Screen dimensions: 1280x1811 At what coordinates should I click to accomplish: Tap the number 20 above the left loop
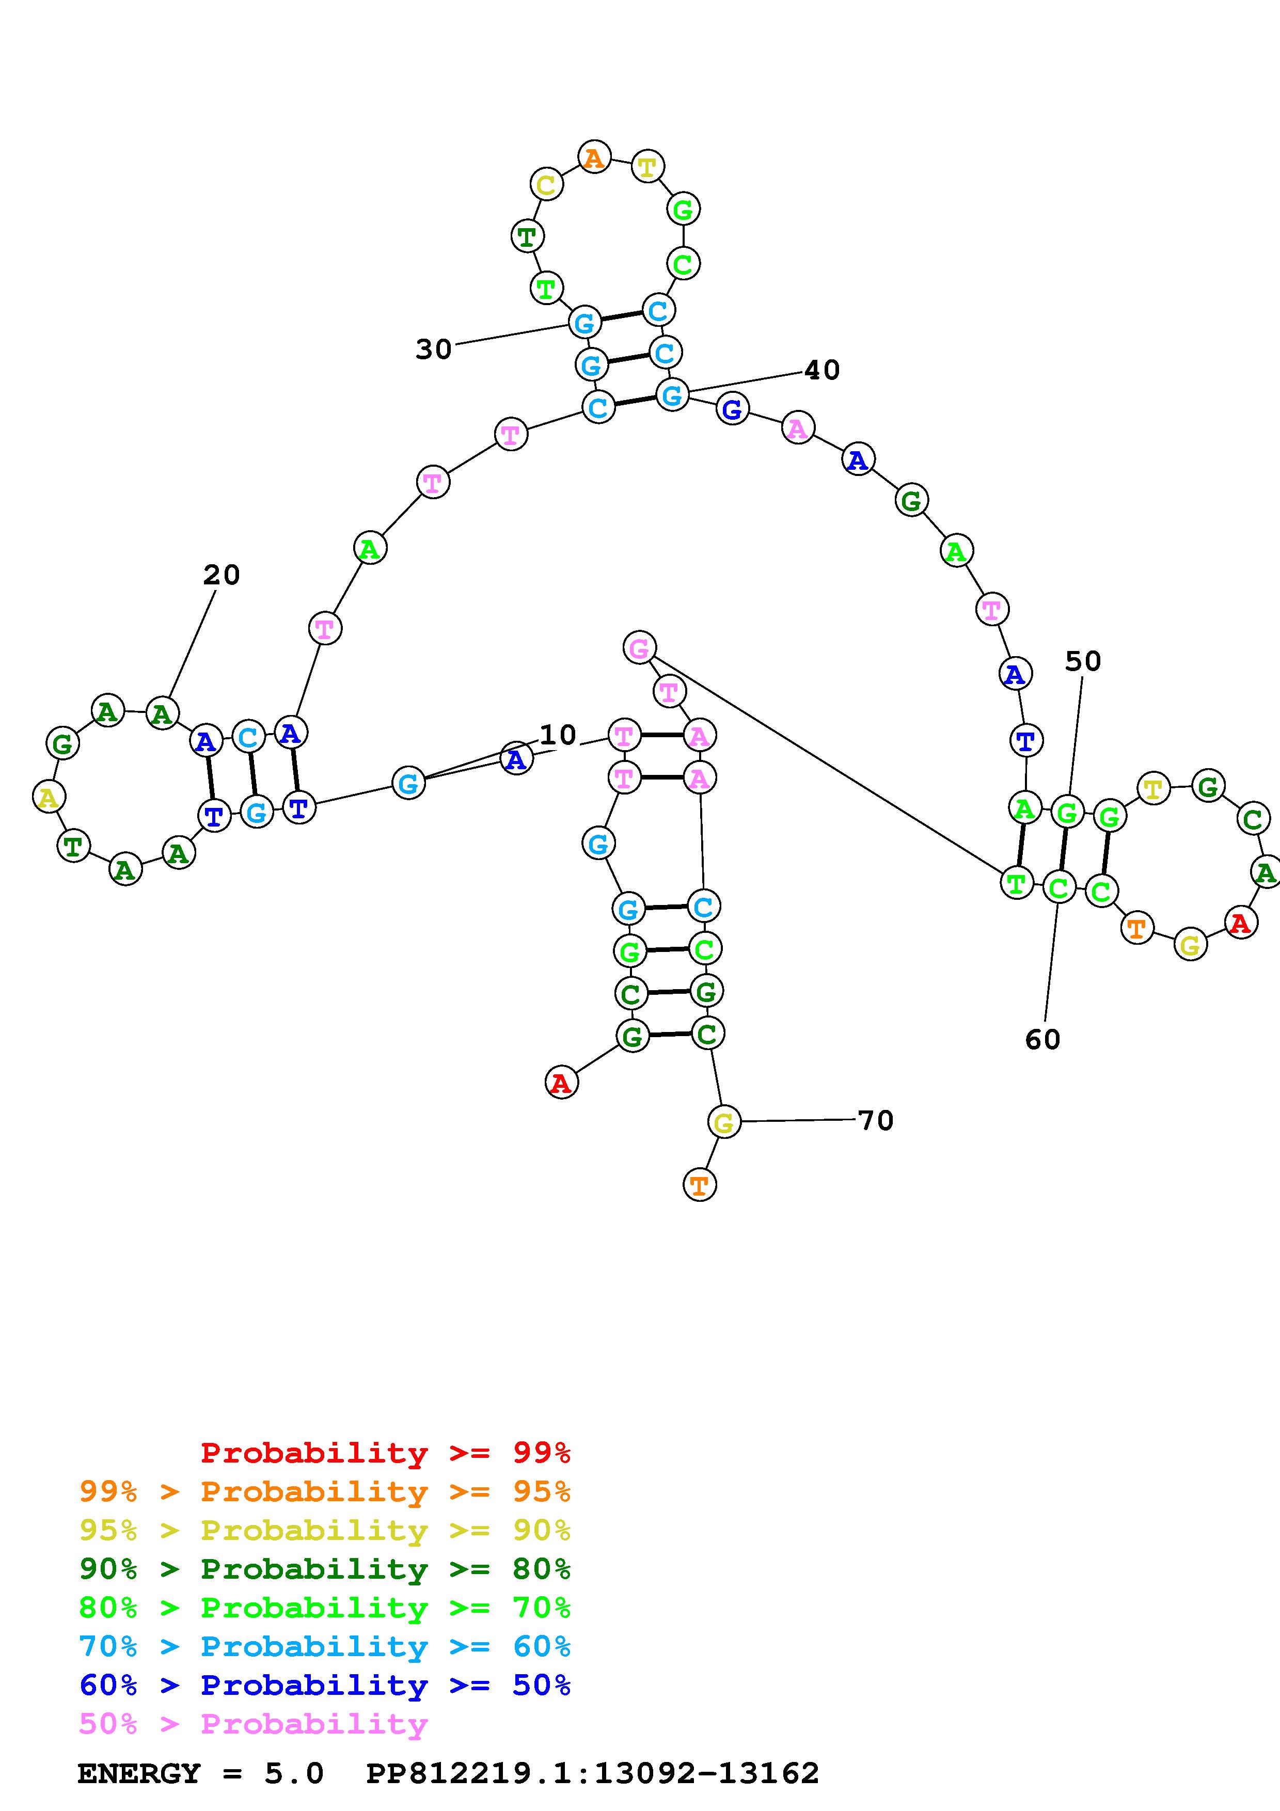pos(221,575)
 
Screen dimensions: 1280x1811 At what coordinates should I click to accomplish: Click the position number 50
pos(1083,661)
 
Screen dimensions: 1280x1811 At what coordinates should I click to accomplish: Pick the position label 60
pos(1042,1040)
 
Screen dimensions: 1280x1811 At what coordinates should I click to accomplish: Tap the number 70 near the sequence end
pos(875,1120)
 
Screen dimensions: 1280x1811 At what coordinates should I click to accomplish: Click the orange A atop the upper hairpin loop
pos(594,158)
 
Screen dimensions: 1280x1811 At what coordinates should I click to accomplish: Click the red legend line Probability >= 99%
pos(385,1453)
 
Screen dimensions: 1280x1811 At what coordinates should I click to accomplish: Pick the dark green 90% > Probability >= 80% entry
pos(325,1569)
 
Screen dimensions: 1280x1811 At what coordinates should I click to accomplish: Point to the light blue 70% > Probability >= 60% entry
pos(325,1646)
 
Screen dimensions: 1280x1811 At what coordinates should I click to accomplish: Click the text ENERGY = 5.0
pos(200,1773)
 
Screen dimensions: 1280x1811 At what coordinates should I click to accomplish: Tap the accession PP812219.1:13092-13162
pos(593,1773)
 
